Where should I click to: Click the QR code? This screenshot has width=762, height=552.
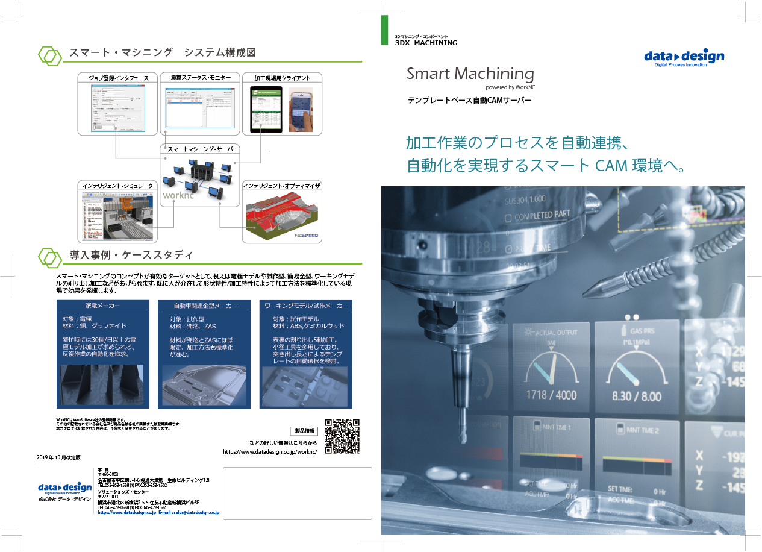coord(342,436)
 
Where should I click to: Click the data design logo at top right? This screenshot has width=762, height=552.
coord(684,58)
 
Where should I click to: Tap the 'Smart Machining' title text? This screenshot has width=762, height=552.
coord(470,74)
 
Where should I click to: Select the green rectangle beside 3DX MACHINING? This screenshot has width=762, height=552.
coord(384,30)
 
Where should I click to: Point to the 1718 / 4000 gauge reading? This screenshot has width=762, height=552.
coord(551,395)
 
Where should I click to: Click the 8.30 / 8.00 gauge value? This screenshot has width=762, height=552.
coord(637,396)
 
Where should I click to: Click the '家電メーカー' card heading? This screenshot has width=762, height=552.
coord(102,306)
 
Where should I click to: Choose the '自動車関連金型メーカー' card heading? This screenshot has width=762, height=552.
coord(205,306)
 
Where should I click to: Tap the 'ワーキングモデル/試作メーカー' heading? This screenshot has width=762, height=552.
coord(306,306)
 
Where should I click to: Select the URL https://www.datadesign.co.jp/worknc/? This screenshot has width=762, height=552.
coord(270,451)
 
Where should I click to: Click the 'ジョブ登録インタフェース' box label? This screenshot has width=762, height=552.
coord(118,78)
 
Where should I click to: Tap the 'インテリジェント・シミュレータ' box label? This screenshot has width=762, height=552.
coord(118,186)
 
